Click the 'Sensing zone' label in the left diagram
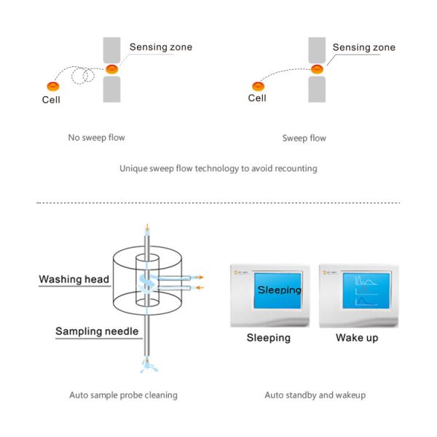pos(161,47)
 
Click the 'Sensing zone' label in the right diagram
pos(364,47)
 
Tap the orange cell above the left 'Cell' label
pos(52,84)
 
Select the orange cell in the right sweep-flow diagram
pos(258,86)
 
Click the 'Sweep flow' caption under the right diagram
pos(304,138)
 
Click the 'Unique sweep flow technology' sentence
pos(218,168)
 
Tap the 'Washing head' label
pos(74,279)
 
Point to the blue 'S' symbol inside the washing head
pos(149,283)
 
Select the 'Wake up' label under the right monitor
pos(357,338)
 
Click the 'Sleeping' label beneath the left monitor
pos(268,338)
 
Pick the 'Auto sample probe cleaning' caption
pos(123,395)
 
